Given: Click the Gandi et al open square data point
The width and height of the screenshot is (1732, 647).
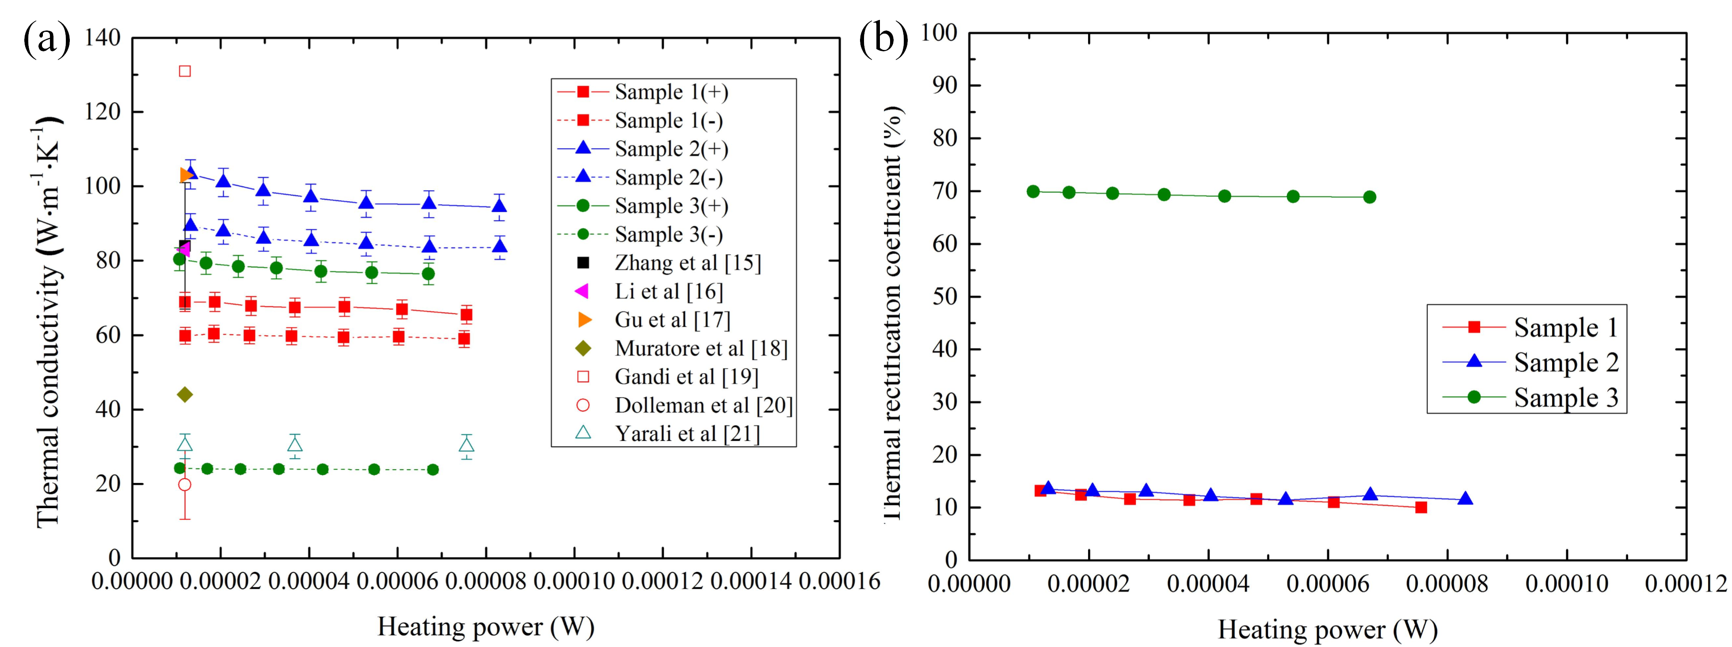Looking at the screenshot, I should tap(185, 71).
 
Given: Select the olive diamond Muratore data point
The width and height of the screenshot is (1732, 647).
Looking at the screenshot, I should tap(185, 394).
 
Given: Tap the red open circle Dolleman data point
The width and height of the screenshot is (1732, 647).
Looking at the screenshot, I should tap(184, 484).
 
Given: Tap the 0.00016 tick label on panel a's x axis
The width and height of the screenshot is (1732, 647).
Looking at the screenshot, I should tap(839, 582).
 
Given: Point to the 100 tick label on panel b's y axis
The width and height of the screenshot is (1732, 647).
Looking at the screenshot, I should tap(939, 32).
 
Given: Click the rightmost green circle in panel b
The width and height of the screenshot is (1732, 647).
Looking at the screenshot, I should tap(1370, 197).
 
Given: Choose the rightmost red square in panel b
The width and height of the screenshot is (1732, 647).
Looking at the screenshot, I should tap(1421, 507).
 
